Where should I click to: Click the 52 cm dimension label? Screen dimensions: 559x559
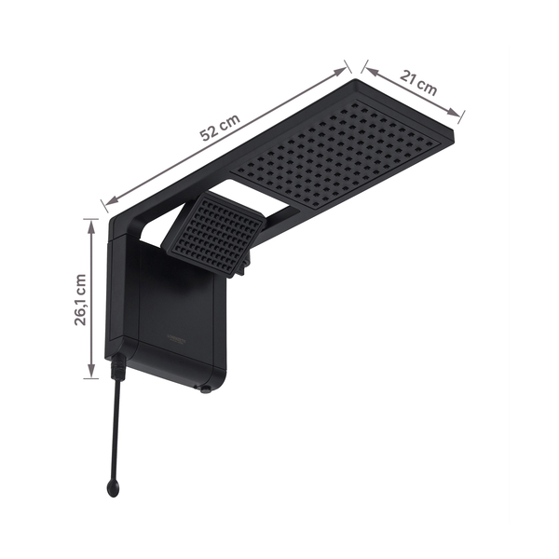(221, 129)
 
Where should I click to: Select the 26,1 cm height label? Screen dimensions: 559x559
(80, 298)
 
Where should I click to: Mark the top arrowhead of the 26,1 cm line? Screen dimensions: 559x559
(90, 223)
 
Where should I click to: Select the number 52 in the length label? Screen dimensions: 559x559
(211, 133)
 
